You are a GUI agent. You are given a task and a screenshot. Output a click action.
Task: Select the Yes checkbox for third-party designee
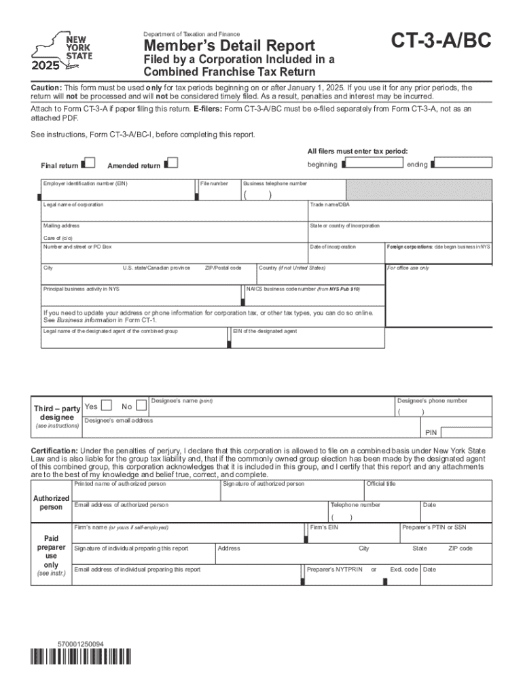106,406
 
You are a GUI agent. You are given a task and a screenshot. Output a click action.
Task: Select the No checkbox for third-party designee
141,406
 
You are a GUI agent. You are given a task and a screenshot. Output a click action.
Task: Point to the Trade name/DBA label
330,205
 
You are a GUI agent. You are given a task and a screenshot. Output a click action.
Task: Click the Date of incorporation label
333,247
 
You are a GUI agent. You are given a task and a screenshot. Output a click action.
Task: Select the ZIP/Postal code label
223,268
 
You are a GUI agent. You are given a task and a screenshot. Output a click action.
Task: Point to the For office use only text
408,268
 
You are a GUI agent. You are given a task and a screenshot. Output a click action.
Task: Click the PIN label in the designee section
431,432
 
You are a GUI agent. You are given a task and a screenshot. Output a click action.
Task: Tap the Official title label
381,484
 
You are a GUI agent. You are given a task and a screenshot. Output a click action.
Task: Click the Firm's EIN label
324,527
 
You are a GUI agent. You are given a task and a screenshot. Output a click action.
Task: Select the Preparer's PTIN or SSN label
434,527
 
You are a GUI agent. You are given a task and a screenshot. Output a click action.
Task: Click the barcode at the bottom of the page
81,657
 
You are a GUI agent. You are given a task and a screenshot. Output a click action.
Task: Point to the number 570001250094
81,643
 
